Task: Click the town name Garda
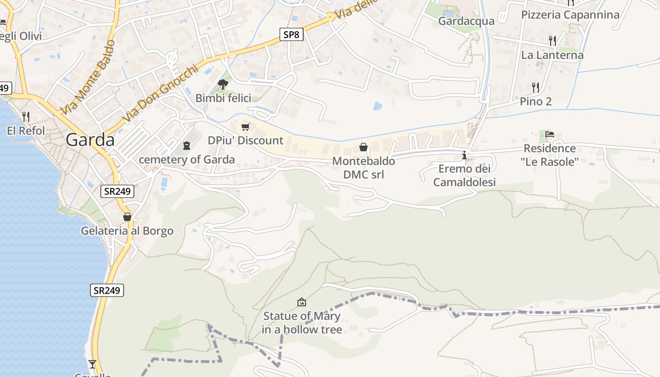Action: click(90, 140)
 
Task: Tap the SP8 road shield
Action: click(291, 34)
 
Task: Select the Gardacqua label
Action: click(466, 21)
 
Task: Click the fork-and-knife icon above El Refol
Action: click(26, 116)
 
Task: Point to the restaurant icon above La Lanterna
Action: click(552, 41)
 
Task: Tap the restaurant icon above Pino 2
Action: click(536, 87)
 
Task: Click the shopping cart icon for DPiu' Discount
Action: click(245, 127)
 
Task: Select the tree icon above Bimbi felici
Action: click(223, 84)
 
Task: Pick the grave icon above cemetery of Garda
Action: click(187, 146)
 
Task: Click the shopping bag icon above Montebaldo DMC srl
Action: click(363, 147)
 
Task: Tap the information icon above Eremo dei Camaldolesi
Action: click(464, 155)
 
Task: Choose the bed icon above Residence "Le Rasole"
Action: click(550, 134)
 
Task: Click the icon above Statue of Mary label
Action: click(302, 302)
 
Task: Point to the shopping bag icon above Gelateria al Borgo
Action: click(127, 217)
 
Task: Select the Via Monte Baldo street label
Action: click(88, 78)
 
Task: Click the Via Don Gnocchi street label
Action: click(159, 93)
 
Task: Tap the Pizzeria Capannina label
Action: click(570, 15)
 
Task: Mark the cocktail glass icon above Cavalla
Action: click(92, 364)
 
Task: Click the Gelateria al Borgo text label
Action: click(127, 231)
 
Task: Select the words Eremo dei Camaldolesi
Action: click(464, 175)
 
